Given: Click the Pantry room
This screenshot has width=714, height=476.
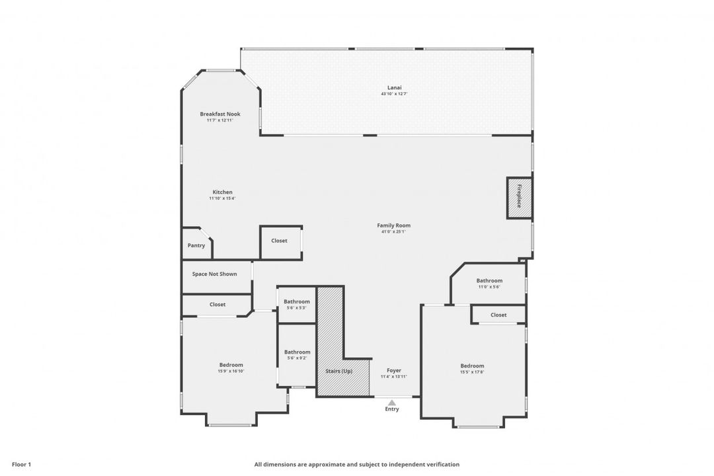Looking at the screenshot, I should [196, 245].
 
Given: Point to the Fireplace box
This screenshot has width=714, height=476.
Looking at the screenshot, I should [520, 198].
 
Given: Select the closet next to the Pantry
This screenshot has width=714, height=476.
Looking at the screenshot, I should [280, 241].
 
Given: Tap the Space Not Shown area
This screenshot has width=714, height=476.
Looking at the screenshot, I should [214, 274].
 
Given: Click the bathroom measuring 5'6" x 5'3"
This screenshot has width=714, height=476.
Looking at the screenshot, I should [297, 304].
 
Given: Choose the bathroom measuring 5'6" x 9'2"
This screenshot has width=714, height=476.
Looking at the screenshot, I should [297, 355].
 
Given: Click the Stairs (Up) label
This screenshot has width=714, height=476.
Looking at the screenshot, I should [338, 371].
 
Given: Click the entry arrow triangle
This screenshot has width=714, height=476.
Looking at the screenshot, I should [392, 403].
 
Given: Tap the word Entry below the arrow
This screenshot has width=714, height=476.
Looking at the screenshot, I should [392, 409].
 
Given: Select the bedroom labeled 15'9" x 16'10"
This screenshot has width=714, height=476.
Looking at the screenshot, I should [231, 368].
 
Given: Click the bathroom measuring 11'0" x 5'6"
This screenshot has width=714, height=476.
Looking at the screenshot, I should [489, 283].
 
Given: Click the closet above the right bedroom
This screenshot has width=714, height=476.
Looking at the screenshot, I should [498, 315].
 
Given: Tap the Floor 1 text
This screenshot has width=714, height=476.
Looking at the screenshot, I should [21, 464].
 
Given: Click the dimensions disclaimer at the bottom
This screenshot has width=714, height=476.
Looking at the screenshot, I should [356, 464].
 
